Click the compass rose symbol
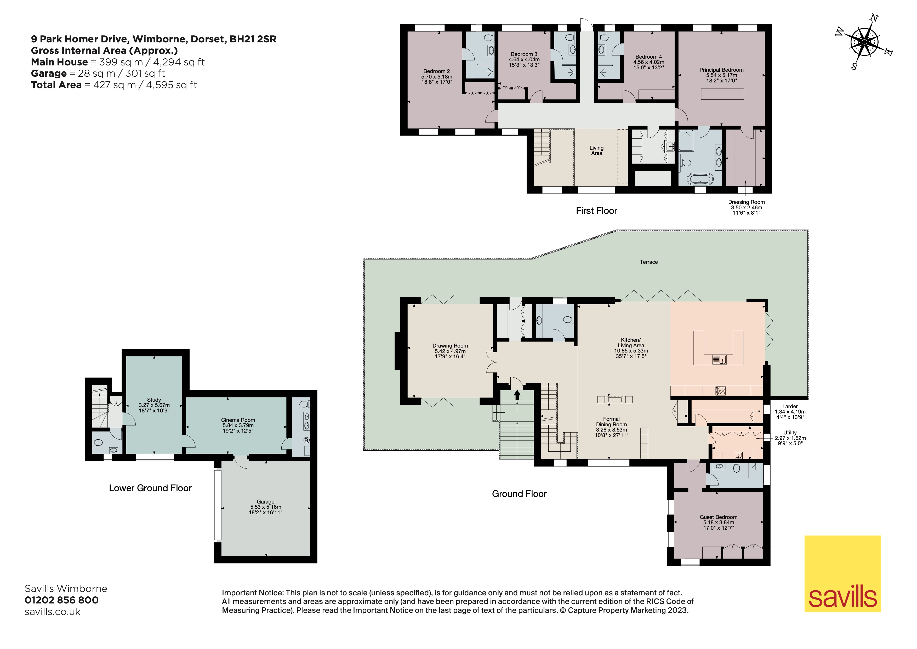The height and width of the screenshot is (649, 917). click(x=864, y=42)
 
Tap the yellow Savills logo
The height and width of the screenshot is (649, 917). click(x=843, y=574)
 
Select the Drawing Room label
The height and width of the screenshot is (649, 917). click(x=450, y=351)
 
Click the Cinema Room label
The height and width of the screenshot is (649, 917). click(x=238, y=425)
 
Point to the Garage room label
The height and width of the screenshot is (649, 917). click(x=266, y=507)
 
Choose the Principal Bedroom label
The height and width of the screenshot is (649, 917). click(x=721, y=75)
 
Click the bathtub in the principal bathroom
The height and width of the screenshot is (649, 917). click(x=700, y=179)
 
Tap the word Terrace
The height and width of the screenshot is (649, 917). click(x=649, y=262)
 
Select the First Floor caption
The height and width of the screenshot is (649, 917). click(x=596, y=211)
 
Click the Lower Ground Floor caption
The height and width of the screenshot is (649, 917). click(x=150, y=488)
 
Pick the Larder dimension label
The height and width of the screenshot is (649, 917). click(x=790, y=412)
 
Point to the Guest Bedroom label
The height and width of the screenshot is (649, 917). click(x=719, y=522)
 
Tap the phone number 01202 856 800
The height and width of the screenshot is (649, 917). click(x=61, y=600)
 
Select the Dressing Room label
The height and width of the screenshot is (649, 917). click(x=747, y=208)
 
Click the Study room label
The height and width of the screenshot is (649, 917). click(x=154, y=405)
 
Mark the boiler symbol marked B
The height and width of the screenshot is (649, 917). click(x=307, y=440)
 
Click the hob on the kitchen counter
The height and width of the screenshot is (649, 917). click(x=721, y=391)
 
